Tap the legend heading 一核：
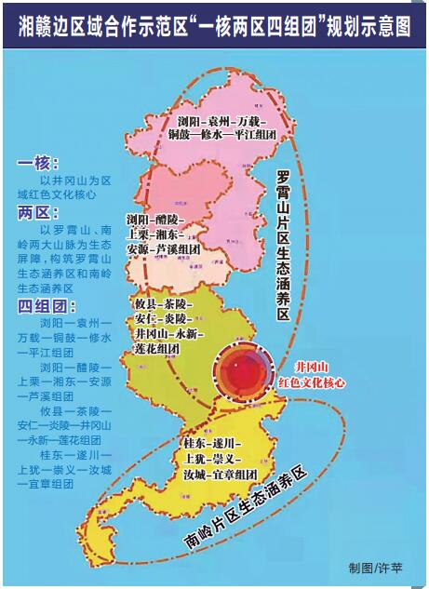38,164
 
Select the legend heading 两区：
38,211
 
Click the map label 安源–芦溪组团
163,249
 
